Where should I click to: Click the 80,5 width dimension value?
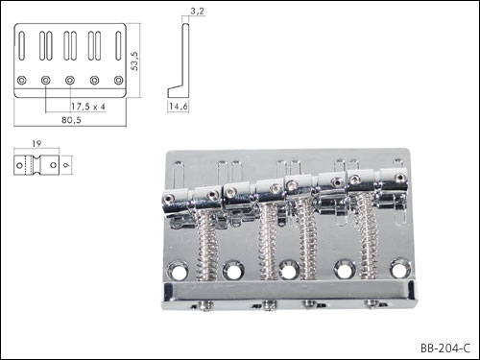pyautogui.click(x=71, y=120)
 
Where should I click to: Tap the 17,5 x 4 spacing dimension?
pyautogui.click(x=87, y=107)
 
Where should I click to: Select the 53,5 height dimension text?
pyautogui.click(x=134, y=60)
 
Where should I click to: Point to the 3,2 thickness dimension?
pyautogui.click(x=197, y=12)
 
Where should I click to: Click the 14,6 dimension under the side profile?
pyautogui.click(x=179, y=107)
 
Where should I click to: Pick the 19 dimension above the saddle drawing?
pyautogui.click(x=36, y=144)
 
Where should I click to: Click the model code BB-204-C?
pyautogui.click(x=445, y=348)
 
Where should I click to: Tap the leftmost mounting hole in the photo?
pyautogui.click(x=178, y=271)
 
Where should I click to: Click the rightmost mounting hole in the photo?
pyautogui.click(x=400, y=268)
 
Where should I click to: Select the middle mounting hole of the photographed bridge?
pyautogui.click(x=289, y=270)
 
